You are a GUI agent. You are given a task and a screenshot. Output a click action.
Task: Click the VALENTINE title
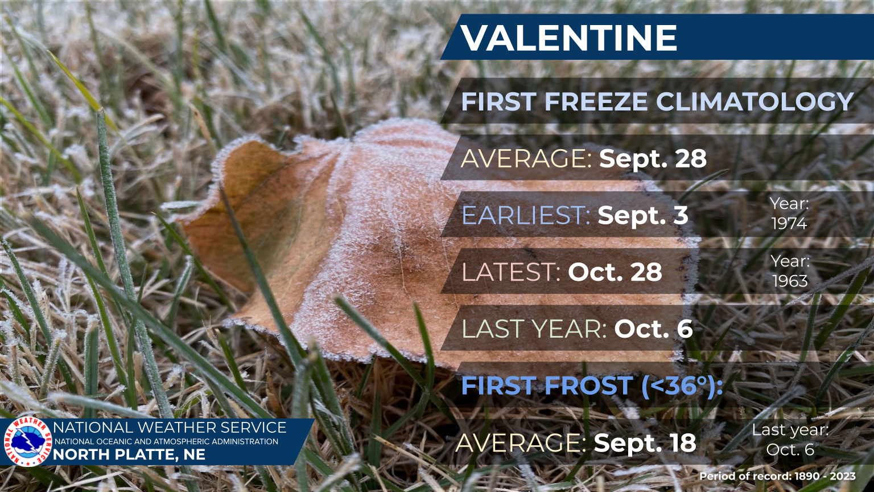point(569,38)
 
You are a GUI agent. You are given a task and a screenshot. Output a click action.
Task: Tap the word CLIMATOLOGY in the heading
point(756,101)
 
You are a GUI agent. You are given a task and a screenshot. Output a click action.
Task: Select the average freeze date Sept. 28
point(653,158)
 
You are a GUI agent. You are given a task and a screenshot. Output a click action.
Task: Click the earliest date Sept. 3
point(643,215)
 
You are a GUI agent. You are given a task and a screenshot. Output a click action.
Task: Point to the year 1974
point(789,223)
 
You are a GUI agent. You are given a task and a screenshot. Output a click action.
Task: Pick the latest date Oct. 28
point(615,272)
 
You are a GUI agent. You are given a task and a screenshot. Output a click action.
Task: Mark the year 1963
point(790,281)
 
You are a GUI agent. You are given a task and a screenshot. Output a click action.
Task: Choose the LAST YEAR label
point(534,329)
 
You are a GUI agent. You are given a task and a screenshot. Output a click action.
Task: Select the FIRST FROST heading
point(592,386)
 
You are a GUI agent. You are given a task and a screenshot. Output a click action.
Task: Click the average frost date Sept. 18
point(645,443)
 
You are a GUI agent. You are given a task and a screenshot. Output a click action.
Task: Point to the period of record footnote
point(777,477)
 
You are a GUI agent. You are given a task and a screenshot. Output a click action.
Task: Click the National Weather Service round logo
point(28,442)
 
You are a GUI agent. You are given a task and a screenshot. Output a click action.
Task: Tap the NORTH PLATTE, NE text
point(129,455)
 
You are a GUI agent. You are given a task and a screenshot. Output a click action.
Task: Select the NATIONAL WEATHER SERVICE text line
point(170,428)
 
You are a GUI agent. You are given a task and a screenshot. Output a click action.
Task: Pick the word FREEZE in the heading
point(596,101)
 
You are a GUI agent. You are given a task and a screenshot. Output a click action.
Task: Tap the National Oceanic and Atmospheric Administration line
point(166,442)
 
